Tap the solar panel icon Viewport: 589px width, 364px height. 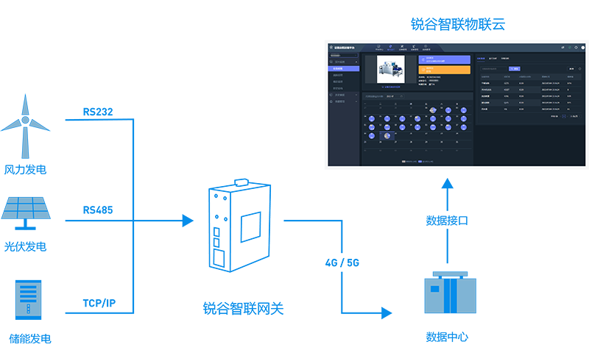point(26,207)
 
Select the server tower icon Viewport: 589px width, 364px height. point(28,299)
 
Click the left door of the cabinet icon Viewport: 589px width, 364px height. point(437,295)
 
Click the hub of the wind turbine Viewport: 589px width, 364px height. point(25,120)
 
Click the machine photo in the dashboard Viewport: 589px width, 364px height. point(390,69)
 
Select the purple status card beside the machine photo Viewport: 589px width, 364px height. point(444,59)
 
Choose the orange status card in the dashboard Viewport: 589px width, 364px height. point(444,70)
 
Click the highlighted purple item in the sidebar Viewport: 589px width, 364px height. point(344,68)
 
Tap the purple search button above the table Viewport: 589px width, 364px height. point(515,68)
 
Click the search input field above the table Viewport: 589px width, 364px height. point(493,68)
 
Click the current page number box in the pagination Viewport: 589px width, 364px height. point(564,116)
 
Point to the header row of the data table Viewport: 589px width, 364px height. point(526,76)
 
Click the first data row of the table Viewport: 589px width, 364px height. point(526,83)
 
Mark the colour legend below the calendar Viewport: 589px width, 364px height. point(417,160)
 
